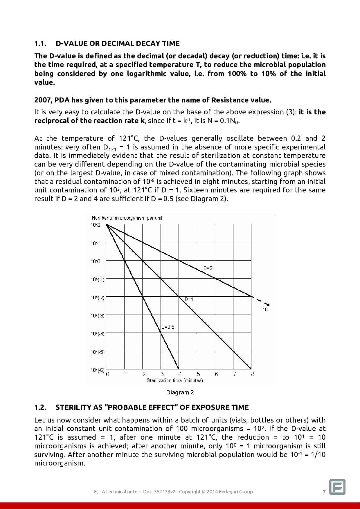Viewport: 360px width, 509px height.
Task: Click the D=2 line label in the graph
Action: (208, 268)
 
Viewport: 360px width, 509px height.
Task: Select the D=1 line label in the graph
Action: (189, 299)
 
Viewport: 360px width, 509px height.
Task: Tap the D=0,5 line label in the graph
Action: (168, 327)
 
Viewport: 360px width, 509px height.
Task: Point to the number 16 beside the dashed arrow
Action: (265, 310)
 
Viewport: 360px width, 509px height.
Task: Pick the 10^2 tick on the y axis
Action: (95, 225)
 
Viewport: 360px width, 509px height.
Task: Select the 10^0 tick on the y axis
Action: (95, 261)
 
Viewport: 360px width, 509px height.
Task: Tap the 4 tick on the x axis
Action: (180, 374)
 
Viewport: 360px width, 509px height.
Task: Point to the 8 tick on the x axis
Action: (253, 374)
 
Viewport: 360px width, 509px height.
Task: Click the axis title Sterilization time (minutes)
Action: (174, 380)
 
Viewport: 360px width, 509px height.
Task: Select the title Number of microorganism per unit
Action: (127, 218)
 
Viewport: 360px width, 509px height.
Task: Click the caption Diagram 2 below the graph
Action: (180, 392)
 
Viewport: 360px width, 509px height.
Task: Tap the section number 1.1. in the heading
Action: (40, 44)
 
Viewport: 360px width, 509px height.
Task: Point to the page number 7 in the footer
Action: (324, 492)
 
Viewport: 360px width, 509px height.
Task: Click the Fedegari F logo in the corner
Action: (337, 487)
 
